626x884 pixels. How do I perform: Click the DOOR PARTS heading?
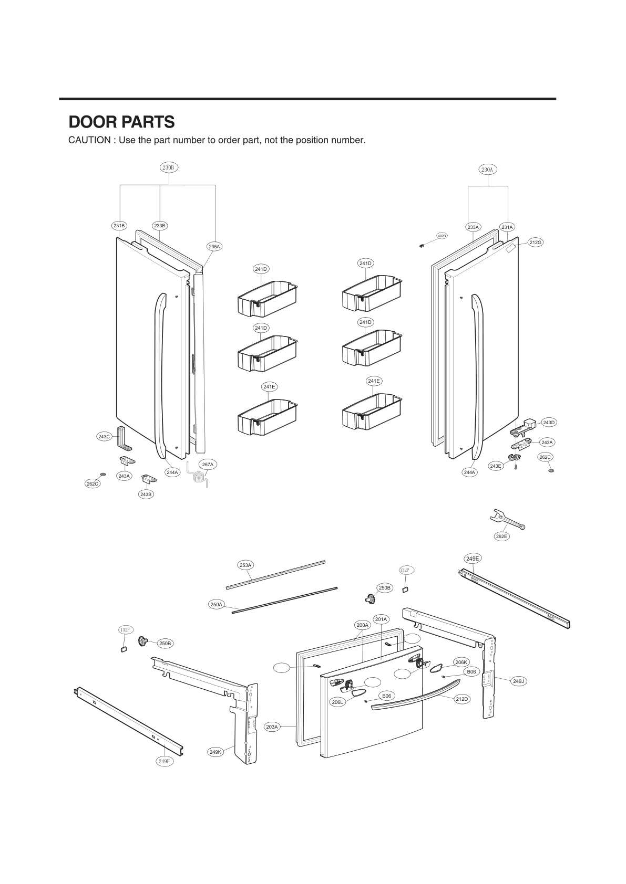pyautogui.click(x=121, y=122)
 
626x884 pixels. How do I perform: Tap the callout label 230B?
pyautogui.click(x=169, y=167)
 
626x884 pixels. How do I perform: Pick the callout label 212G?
pyautogui.click(x=535, y=243)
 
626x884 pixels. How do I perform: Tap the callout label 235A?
pyautogui.click(x=214, y=246)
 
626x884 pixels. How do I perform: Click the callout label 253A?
pyautogui.click(x=245, y=565)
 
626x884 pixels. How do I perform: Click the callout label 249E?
pyautogui.click(x=473, y=559)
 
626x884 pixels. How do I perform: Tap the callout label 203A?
pyautogui.click(x=272, y=727)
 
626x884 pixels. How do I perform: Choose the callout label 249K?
pyautogui.click(x=215, y=752)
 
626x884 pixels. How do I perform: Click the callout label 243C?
pyautogui.click(x=104, y=437)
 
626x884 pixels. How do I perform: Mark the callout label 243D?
pyautogui.click(x=548, y=423)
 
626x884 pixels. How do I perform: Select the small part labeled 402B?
pyautogui.click(x=422, y=245)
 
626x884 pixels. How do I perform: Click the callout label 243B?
pyautogui.click(x=146, y=494)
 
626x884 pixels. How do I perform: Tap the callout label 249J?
pyautogui.click(x=518, y=681)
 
